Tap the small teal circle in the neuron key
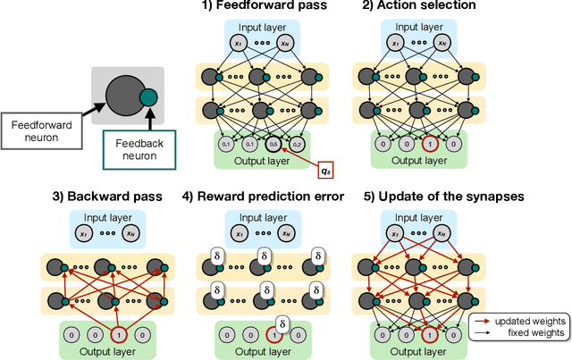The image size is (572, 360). (147, 98)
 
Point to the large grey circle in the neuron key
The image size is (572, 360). (124, 92)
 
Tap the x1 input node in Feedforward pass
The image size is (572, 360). (238, 44)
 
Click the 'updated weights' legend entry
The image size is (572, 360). (525, 321)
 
